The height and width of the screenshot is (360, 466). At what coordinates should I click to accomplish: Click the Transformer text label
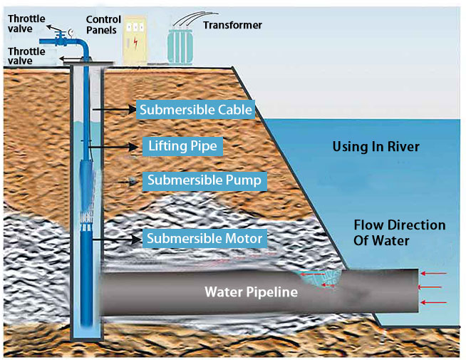[232, 25]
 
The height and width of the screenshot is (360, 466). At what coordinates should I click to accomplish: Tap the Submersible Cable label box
[195, 110]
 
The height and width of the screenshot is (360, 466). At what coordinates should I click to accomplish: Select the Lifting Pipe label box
[182, 146]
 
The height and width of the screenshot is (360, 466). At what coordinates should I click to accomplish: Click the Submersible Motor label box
[204, 237]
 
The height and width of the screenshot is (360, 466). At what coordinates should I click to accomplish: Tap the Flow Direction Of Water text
[399, 232]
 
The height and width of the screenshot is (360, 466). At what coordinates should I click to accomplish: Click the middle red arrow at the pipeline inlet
[432, 288]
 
